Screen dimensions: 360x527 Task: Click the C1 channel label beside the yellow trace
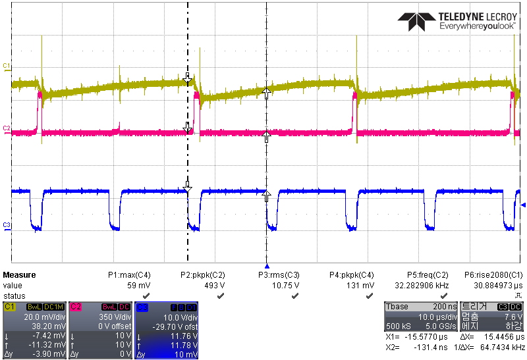pos(6,66)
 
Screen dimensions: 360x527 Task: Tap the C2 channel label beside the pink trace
pos(6,127)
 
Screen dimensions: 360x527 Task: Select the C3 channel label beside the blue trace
pos(6,225)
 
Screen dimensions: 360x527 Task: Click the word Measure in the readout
pos(20,275)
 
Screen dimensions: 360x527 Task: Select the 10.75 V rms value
pos(286,286)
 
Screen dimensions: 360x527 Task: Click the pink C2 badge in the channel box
pos(77,307)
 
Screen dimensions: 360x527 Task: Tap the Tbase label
pos(398,307)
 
